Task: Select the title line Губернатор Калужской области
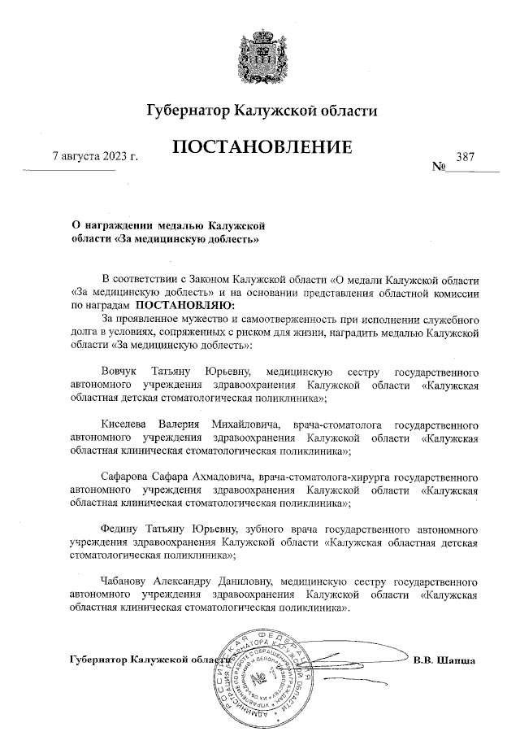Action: click(262, 110)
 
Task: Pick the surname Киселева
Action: click(127, 425)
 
